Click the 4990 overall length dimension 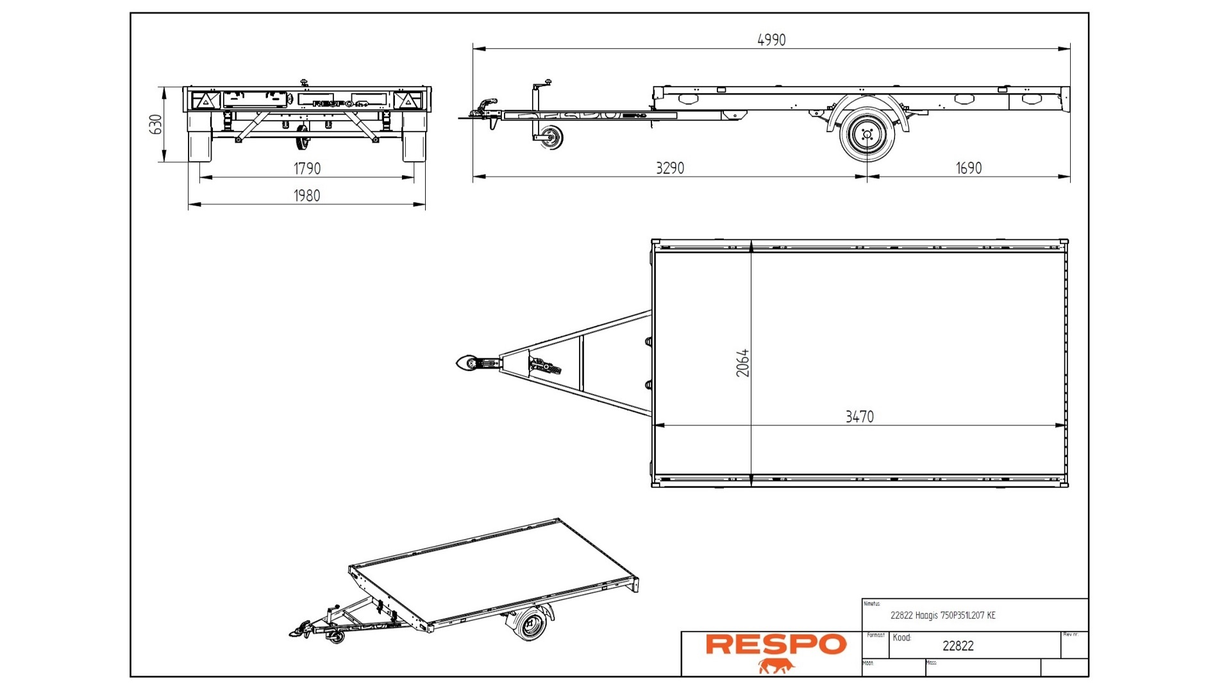(x=771, y=40)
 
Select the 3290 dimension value (x=670, y=168)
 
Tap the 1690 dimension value (x=968, y=168)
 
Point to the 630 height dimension (x=155, y=124)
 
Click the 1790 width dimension (x=307, y=168)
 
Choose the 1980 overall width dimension (x=307, y=195)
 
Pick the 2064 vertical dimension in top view (x=742, y=363)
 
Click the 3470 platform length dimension (x=859, y=416)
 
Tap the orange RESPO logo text (x=776, y=644)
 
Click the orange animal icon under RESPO (x=776, y=666)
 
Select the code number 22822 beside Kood (x=958, y=646)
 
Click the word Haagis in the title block (x=926, y=615)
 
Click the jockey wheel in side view (x=551, y=137)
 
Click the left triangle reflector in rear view (x=206, y=101)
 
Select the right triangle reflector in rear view (x=408, y=101)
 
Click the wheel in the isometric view (x=531, y=624)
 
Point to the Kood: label (x=901, y=637)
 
